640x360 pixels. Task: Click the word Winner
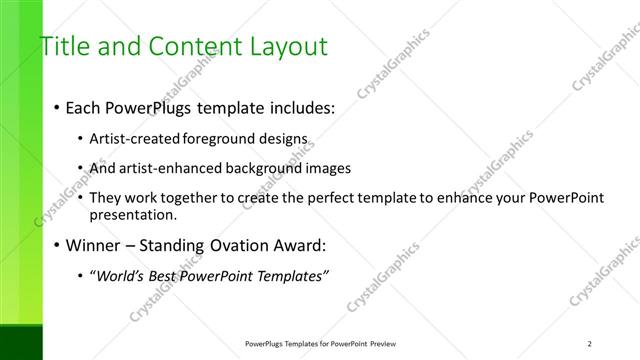click(x=94, y=245)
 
